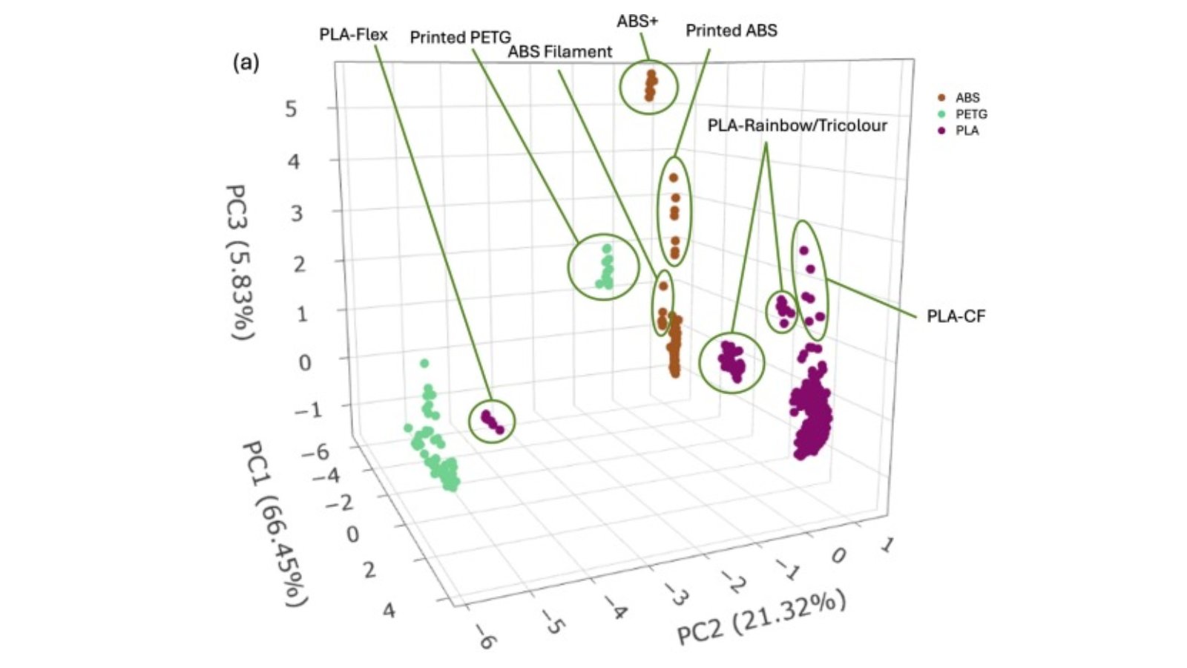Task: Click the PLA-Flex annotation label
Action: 353,35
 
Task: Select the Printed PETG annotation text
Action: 460,37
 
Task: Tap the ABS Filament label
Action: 560,52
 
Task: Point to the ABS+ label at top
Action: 637,22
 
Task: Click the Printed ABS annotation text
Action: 731,30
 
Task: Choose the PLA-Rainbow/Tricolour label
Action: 797,125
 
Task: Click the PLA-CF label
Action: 956,316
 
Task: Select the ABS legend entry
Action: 967,98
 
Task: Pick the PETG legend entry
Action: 970,114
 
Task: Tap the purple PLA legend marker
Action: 942,131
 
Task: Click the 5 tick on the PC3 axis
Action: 291,109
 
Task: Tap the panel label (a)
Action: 246,62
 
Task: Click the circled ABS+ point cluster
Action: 650,86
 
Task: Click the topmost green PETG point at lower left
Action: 424,363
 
